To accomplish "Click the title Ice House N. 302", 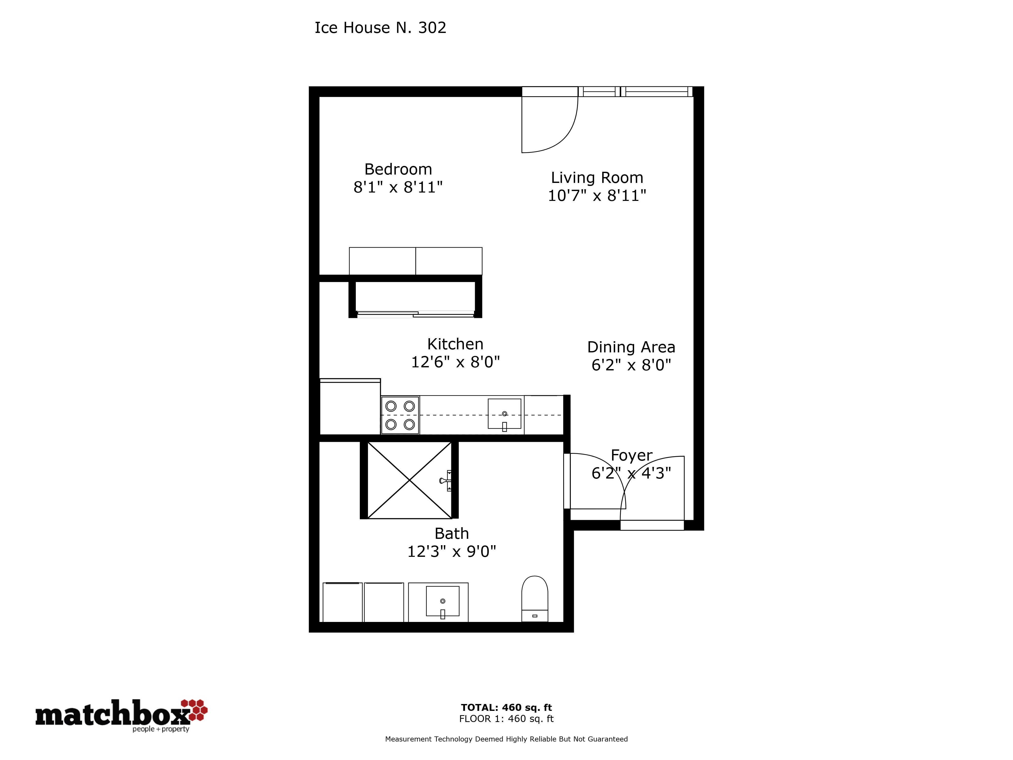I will pos(380,28).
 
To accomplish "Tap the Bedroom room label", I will pos(398,169).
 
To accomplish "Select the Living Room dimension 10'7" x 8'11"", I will pos(597,196).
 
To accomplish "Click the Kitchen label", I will pos(455,344).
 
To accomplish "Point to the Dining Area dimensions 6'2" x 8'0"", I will pos(631,365).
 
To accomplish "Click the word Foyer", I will pos(632,455).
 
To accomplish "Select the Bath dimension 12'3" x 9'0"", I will pos(452,552).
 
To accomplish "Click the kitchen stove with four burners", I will pos(400,415).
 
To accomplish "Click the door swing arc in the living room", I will pos(561,135).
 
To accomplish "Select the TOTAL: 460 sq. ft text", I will pos(506,707).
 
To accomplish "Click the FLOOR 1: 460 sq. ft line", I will pos(506,719).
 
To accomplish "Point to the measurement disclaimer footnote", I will pos(506,739).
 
